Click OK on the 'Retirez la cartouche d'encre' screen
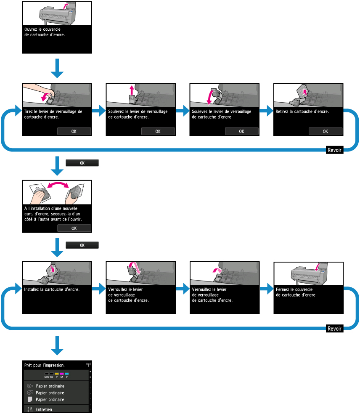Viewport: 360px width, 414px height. tap(325, 131)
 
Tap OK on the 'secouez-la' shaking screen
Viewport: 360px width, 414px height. tap(74, 228)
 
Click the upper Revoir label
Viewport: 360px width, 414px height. tap(334, 149)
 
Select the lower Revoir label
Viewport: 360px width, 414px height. tap(334, 329)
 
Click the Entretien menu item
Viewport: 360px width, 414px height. tap(44, 409)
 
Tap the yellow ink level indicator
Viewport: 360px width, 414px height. tap(56, 374)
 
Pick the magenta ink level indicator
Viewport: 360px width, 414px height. tap(61, 374)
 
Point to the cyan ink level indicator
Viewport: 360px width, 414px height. tap(66, 374)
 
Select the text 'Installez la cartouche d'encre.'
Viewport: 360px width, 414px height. tap(52, 289)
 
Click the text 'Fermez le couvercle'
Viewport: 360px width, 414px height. tap(294, 289)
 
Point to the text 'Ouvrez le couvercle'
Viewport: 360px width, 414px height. tap(42, 29)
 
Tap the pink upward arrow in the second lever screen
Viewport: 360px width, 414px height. tap(132, 90)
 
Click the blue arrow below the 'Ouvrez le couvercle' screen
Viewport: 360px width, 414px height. tap(57, 68)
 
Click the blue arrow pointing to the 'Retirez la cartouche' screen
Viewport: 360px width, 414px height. tap(266, 111)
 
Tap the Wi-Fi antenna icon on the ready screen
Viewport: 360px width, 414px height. tap(88, 364)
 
